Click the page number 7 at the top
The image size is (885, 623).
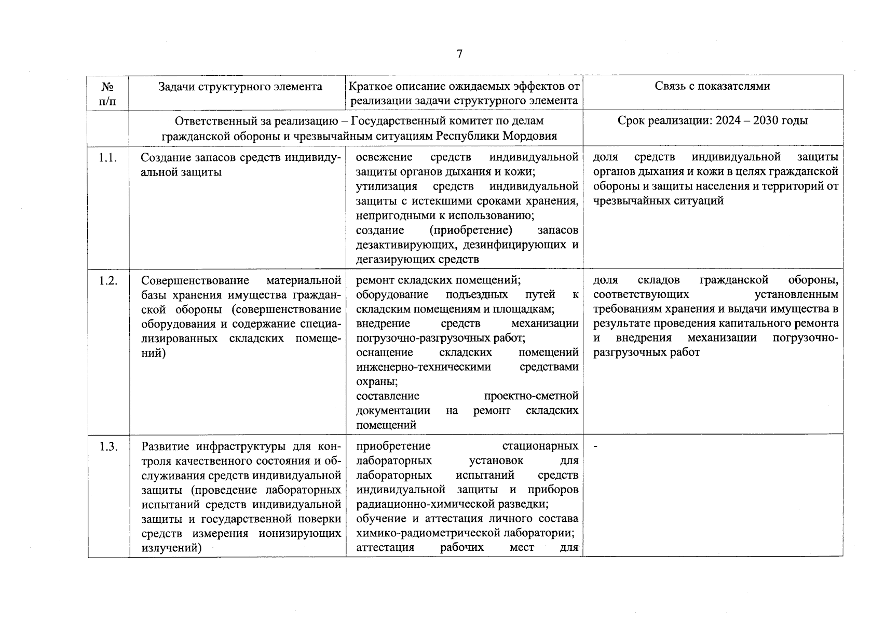coord(459,54)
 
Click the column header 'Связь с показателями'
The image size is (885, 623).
coord(712,86)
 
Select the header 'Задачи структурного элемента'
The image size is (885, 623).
coord(240,86)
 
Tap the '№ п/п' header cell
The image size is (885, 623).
coord(108,93)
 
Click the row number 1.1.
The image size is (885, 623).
coord(108,158)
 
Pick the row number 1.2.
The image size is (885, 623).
coord(108,281)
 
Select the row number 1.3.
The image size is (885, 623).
coord(108,446)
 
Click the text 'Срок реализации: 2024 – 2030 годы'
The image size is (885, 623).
coord(712,121)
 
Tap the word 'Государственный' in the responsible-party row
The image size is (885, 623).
coord(394,121)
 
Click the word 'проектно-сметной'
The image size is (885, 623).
coord(531,396)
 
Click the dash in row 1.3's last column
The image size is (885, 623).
coord(595,446)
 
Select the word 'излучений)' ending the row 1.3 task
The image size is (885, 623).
coord(171,548)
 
